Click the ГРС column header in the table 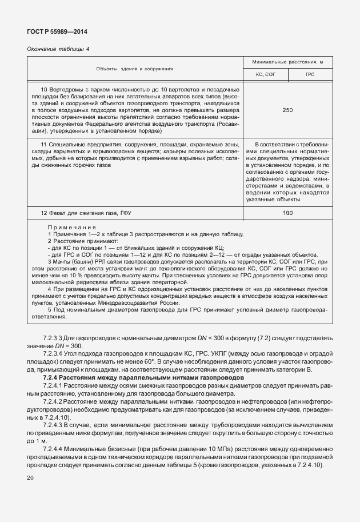point(310,75)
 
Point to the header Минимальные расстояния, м point(287,62)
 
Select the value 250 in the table point(287,110)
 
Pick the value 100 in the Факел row point(287,213)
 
